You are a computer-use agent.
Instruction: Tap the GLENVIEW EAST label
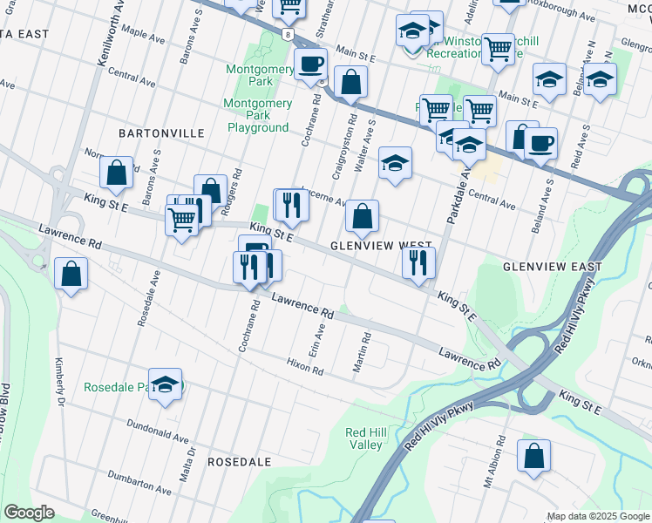tap(553, 267)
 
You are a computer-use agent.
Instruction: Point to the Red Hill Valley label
tap(365, 438)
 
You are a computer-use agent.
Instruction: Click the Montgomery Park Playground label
tap(258, 115)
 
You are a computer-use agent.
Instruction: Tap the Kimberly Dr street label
tap(61, 378)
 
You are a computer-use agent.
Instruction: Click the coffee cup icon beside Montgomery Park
tap(310, 63)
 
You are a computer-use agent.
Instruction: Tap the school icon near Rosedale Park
tap(165, 384)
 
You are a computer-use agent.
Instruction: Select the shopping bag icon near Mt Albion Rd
tap(533, 455)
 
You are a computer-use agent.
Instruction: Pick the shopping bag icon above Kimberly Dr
tap(71, 273)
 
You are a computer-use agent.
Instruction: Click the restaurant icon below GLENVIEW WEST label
tap(419, 261)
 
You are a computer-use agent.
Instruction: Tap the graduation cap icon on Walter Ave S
tap(395, 162)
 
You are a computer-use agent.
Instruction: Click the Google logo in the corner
tap(29, 513)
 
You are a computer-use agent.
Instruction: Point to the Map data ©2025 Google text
tap(598, 516)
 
